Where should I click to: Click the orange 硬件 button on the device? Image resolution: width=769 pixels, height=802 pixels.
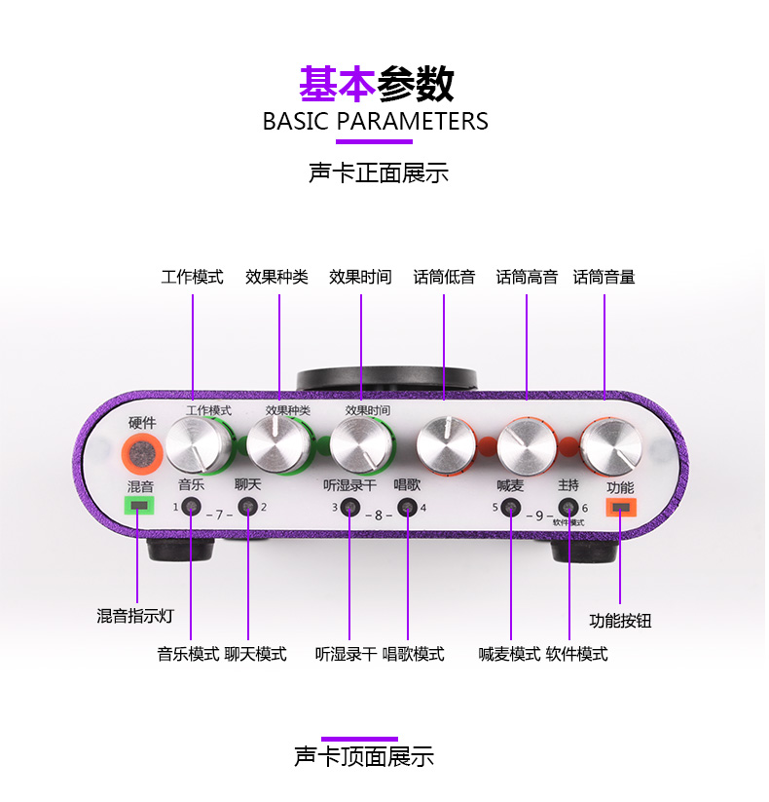[x=142, y=453]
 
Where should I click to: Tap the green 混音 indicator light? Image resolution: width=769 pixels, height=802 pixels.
[x=140, y=506]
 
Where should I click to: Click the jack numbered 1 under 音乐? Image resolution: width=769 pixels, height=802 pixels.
[x=192, y=508]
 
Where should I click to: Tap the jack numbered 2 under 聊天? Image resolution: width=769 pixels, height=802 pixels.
[x=249, y=508]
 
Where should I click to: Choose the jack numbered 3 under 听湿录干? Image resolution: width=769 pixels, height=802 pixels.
[x=350, y=508]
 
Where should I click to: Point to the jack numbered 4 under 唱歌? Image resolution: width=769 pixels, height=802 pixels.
[x=409, y=508]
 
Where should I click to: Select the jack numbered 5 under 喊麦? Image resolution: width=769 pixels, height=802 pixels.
[x=511, y=508]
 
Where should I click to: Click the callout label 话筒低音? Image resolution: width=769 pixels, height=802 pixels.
[x=444, y=278]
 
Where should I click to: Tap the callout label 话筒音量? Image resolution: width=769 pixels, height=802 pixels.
[x=604, y=278]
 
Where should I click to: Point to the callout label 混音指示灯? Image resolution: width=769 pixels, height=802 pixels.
[x=134, y=616]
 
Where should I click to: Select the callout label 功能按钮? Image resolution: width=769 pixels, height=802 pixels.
[x=621, y=621]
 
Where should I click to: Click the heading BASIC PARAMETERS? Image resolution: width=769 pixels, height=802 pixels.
[x=376, y=122]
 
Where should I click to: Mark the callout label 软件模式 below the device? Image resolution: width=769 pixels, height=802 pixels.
[x=577, y=654]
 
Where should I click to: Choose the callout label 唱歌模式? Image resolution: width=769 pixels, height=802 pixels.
[x=414, y=654]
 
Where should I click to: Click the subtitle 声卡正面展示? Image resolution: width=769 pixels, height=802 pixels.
[x=379, y=174]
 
